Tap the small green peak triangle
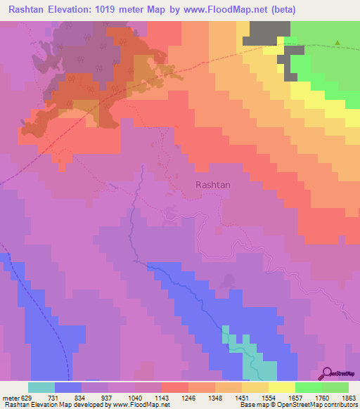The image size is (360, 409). (337, 44)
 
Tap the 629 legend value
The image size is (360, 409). (28, 397)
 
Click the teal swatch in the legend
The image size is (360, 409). (41, 387)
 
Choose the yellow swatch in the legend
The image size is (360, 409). (281, 387)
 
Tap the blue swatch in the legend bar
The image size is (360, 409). (68, 387)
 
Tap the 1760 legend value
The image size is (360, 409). (321, 397)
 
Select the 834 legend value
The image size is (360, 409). (82, 397)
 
